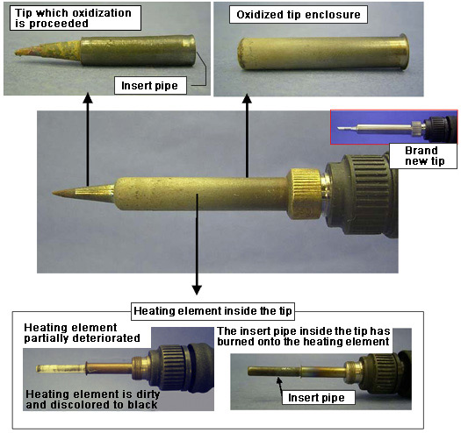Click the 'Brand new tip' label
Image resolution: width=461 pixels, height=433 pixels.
(423, 156)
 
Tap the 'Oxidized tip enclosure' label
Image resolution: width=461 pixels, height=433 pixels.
(299, 14)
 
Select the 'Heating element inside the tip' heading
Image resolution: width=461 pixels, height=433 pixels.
(212, 311)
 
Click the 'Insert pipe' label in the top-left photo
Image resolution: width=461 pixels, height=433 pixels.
(150, 85)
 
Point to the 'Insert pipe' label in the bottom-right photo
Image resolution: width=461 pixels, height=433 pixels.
(316, 397)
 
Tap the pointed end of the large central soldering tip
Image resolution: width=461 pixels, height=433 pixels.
(53, 193)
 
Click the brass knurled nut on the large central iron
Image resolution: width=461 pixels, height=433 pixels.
(304, 194)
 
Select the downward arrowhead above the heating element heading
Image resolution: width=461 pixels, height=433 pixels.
(197, 290)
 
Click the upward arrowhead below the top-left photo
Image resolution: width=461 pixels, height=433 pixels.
(88, 98)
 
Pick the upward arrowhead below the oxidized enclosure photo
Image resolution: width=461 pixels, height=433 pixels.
(247, 99)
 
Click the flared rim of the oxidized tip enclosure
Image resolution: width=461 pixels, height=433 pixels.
(404, 53)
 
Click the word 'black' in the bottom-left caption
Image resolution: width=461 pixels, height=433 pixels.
(142, 405)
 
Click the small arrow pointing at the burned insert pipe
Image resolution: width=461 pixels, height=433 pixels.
(280, 385)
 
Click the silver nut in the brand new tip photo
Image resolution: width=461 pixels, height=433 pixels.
(416, 129)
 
